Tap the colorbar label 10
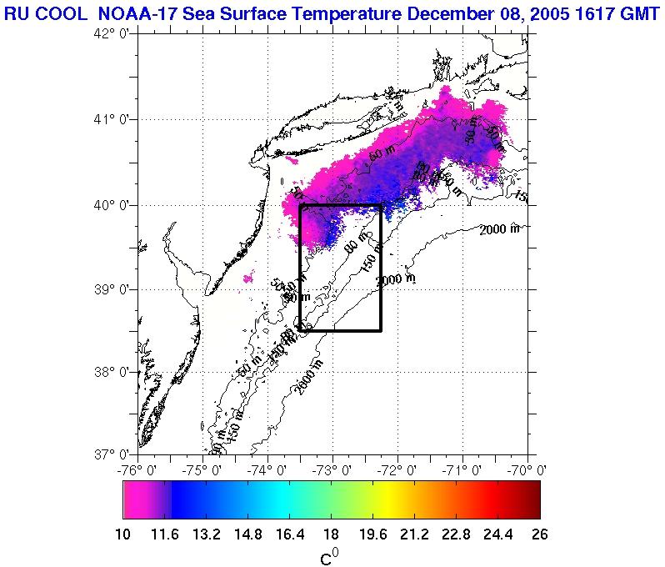point(123,534)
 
